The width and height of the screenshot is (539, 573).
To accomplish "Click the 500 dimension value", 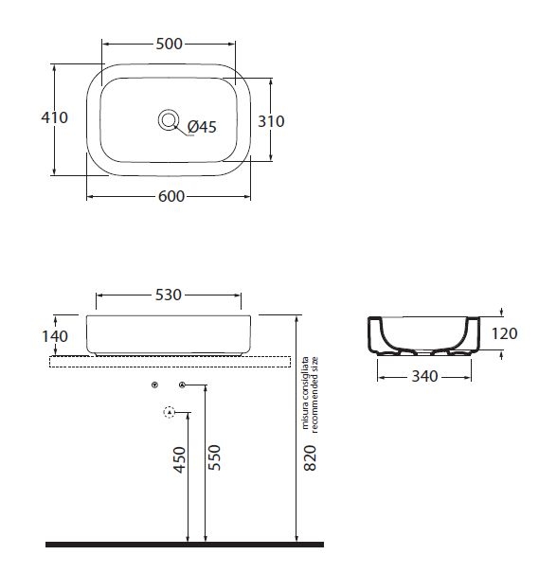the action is pyautogui.click(x=169, y=44).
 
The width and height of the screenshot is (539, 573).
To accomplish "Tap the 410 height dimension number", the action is pyautogui.click(x=54, y=117).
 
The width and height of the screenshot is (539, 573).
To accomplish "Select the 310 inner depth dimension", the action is pyautogui.click(x=271, y=121).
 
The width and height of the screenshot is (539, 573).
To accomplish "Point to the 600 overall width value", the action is pyautogui.click(x=171, y=197).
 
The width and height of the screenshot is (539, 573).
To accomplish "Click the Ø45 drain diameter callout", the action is pyautogui.click(x=202, y=127).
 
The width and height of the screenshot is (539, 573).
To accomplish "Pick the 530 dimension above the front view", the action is pyautogui.click(x=168, y=295).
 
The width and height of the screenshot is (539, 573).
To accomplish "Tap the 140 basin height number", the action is pyautogui.click(x=55, y=336).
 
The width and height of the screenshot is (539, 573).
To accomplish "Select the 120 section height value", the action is pyautogui.click(x=504, y=333).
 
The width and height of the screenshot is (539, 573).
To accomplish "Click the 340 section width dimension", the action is pyautogui.click(x=424, y=376).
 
